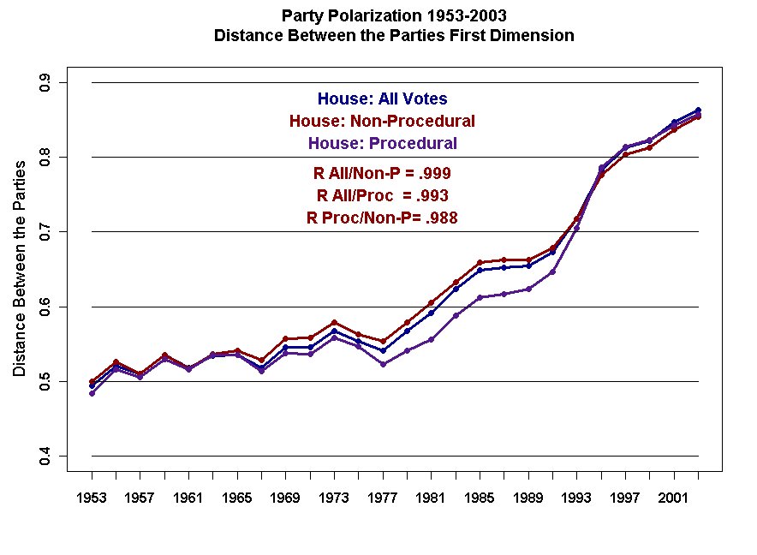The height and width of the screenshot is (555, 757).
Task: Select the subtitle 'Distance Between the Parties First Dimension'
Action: click(393, 36)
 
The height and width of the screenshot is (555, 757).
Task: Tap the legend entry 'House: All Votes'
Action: click(382, 99)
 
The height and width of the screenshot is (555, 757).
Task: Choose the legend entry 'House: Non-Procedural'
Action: click(382, 121)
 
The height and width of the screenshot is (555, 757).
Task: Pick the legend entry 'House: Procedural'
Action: click(382, 143)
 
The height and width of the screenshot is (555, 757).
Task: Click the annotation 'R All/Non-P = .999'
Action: click(382, 173)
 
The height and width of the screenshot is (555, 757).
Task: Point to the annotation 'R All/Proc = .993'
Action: click(382, 195)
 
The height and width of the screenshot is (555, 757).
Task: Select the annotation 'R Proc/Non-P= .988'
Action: click(382, 218)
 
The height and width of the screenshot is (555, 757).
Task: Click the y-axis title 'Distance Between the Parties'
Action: click(19, 268)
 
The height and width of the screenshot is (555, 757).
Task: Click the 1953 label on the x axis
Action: click(92, 498)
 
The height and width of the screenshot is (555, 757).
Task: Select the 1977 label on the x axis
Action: click(383, 498)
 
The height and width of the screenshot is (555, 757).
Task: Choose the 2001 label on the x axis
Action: click(674, 498)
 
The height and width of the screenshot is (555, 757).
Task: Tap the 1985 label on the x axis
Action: click(480, 498)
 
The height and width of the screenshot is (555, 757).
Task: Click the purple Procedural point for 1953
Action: click(92, 393)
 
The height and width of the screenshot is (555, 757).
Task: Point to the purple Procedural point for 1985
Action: click(480, 297)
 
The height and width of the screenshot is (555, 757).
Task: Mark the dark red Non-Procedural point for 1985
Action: click(480, 262)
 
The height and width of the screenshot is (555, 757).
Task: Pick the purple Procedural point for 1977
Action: click(383, 364)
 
